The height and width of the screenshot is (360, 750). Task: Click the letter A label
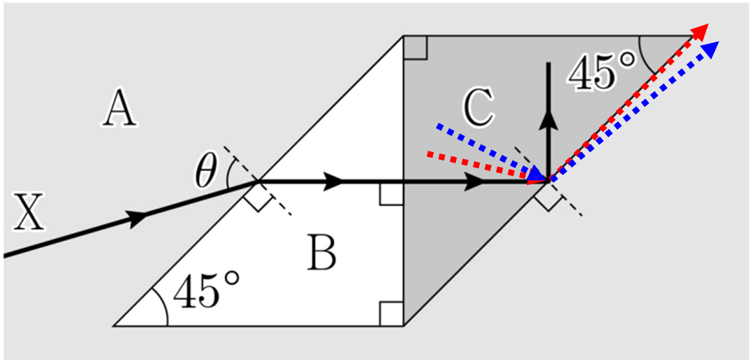pyautogui.click(x=120, y=110)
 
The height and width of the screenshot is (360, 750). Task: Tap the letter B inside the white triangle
pyautogui.click(x=322, y=252)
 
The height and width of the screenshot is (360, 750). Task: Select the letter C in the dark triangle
pyautogui.click(x=479, y=109)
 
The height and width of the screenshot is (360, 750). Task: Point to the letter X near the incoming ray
pyautogui.click(x=29, y=212)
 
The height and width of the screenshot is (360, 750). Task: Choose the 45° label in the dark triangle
pyautogui.click(x=602, y=72)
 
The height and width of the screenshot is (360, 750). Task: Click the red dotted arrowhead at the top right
pyautogui.click(x=700, y=32)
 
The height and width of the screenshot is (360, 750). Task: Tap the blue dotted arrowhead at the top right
pyautogui.click(x=710, y=49)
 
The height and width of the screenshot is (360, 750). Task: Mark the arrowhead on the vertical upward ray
pyautogui.click(x=548, y=120)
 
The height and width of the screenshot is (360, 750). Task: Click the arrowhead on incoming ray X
pyautogui.click(x=137, y=218)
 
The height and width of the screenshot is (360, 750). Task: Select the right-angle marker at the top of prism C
pyautogui.click(x=415, y=47)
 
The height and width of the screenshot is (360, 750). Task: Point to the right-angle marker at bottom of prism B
pyautogui.click(x=391, y=314)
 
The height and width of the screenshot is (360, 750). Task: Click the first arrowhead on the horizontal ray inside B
pyautogui.click(x=334, y=182)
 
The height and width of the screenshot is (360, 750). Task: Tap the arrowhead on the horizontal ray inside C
pyautogui.click(x=474, y=182)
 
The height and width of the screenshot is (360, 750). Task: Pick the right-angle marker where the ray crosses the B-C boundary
pyautogui.click(x=391, y=193)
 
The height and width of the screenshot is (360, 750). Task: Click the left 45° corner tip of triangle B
pyautogui.click(x=114, y=326)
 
